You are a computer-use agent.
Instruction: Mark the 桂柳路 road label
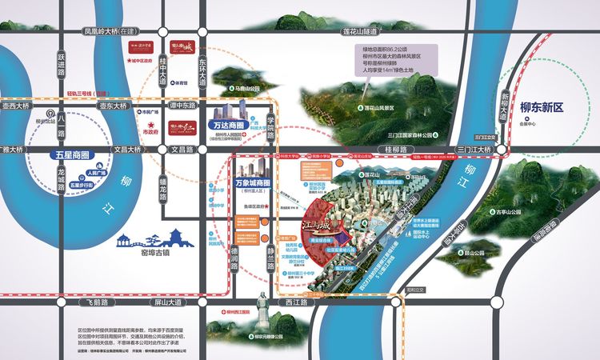[397, 149]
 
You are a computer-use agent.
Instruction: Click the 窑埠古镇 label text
[152, 254]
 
